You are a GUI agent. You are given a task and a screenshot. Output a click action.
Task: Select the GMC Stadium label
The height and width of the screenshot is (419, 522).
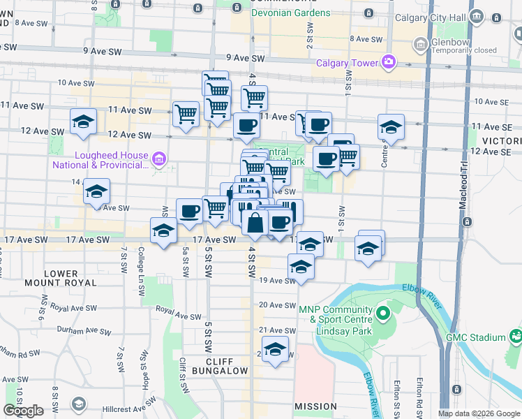tap(476, 337)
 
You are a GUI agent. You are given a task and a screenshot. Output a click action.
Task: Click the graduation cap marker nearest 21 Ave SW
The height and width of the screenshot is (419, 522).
tap(275, 349)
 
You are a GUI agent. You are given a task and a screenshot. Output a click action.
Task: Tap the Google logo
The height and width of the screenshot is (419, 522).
tap(23, 411)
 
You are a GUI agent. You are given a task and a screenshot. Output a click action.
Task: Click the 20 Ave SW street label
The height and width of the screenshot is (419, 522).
tap(278, 305)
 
